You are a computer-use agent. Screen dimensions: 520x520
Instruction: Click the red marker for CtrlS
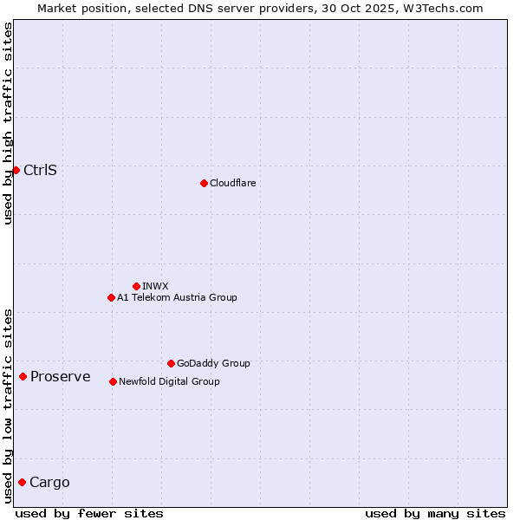coord(16,170)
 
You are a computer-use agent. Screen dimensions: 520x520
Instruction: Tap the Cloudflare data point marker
coord(204,183)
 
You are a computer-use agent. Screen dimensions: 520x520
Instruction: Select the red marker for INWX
coord(136,286)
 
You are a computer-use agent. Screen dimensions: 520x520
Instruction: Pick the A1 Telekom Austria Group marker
coord(111,297)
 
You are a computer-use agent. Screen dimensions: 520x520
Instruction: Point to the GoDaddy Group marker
coord(171,363)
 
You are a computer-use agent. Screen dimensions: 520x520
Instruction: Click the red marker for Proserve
coord(23,376)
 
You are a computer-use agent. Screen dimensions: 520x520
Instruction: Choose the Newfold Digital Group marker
coord(113,381)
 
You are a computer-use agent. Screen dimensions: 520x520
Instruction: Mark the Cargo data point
coord(22,482)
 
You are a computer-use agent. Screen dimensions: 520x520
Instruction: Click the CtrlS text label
coord(40,170)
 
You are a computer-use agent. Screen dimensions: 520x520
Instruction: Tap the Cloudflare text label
coord(232,183)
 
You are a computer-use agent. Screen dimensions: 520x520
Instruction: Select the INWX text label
coord(155,286)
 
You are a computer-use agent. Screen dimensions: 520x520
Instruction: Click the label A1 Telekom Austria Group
coord(177,297)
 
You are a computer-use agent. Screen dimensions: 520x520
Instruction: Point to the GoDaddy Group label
coord(213,363)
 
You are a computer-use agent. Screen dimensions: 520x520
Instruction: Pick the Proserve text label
coord(60,376)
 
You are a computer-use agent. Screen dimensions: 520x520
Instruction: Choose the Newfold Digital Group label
coord(169,381)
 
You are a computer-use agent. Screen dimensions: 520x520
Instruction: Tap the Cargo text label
coord(49,482)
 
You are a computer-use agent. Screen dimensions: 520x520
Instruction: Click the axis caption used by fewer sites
coord(89,513)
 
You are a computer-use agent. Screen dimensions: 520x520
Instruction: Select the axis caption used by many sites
coord(435,513)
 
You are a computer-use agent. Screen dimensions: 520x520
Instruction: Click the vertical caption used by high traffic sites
coord(8,123)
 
